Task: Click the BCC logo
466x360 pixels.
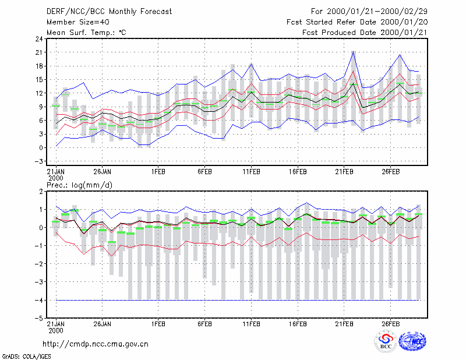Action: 386,341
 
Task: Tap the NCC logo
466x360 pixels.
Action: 412,341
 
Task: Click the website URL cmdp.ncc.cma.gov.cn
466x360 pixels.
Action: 96,344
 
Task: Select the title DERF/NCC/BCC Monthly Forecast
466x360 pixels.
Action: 109,12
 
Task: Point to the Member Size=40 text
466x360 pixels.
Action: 78,22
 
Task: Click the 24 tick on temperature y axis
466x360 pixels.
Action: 39,38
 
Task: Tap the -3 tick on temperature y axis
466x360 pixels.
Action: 38,161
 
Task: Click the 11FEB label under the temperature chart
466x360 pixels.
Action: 251,172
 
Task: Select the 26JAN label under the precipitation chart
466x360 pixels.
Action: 103,324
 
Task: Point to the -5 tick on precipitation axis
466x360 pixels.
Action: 38,318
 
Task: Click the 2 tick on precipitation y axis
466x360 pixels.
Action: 41,191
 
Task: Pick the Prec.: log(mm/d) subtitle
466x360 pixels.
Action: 79,185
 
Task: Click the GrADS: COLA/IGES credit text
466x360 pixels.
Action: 27,357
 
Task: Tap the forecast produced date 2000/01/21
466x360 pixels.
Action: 404,33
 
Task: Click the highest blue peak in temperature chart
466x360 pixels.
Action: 354,51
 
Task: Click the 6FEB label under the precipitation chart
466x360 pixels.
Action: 204,324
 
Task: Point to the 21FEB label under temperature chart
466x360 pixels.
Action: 344,172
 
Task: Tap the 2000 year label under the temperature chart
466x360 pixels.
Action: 56,178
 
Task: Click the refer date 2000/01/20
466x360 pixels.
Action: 404,22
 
